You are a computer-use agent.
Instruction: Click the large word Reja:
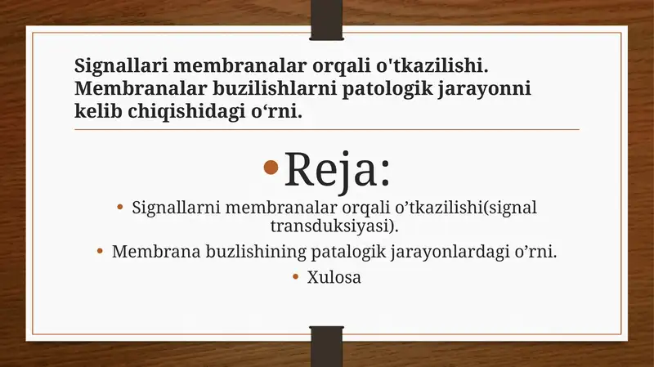click(336, 169)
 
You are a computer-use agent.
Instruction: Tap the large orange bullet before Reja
click(272, 169)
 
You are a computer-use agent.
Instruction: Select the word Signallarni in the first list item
click(180, 208)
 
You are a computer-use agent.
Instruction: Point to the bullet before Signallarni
click(121, 208)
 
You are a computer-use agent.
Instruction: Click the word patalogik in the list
click(347, 251)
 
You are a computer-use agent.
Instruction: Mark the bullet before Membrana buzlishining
click(101, 251)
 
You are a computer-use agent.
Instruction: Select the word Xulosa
click(334, 277)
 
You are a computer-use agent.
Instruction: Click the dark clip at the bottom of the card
click(327, 345)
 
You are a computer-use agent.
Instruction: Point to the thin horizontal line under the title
click(327, 129)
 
